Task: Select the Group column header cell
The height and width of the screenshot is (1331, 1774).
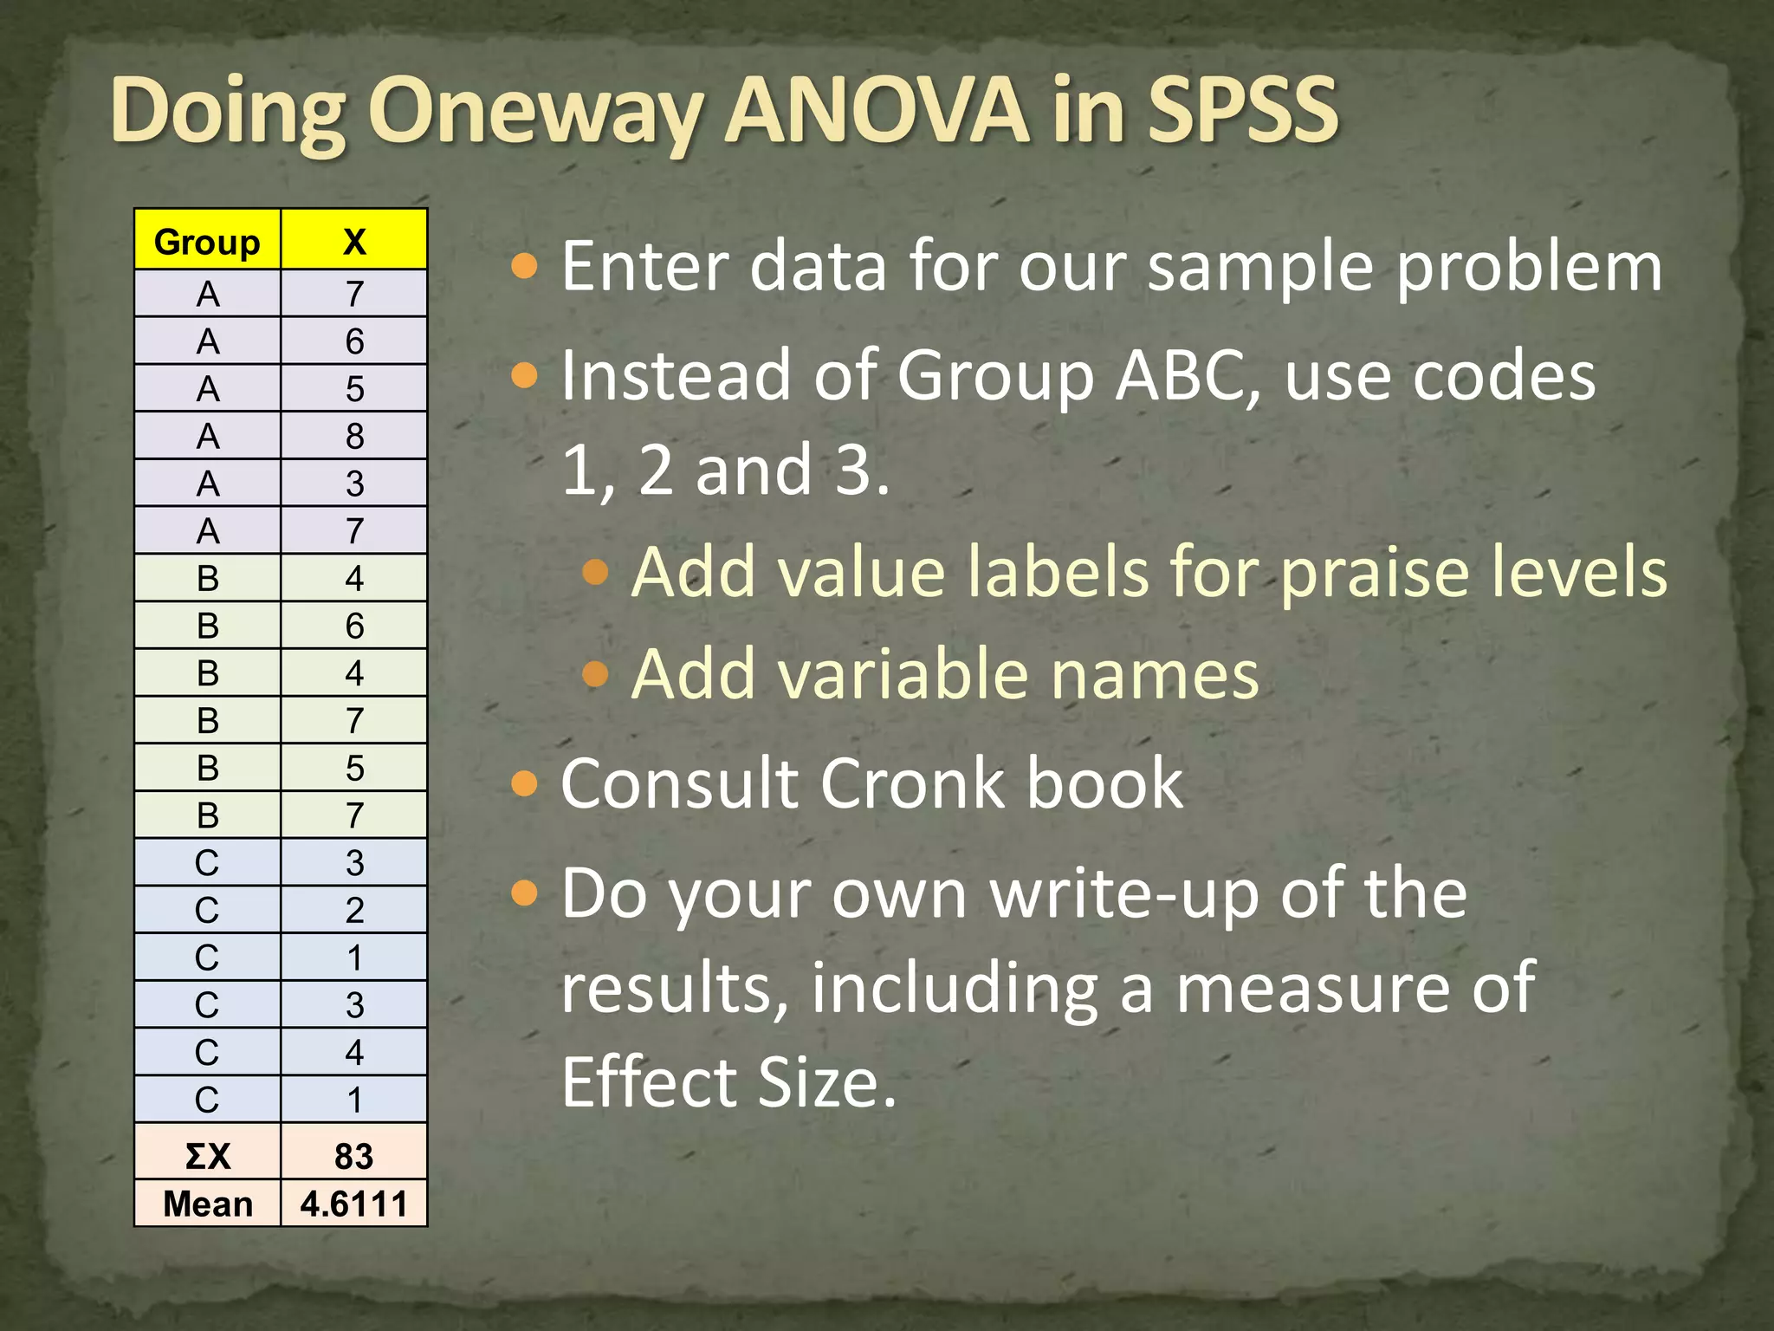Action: click(207, 242)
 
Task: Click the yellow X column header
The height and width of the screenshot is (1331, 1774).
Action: click(354, 242)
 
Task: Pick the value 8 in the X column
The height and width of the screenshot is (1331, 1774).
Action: click(354, 436)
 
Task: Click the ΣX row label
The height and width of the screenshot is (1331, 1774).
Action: click(207, 1156)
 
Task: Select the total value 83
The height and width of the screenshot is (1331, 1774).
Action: click(354, 1156)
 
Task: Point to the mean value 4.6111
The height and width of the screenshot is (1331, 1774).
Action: click(354, 1204)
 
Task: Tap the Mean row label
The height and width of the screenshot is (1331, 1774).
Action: click(207, 1204)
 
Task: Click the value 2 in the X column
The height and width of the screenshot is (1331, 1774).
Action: click(354, 910)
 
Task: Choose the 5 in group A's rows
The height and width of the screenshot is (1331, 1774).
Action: click(354, 388)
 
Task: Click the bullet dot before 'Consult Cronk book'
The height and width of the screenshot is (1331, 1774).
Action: click(525, 784)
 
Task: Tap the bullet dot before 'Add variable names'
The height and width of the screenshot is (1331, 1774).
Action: click(596, 674)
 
